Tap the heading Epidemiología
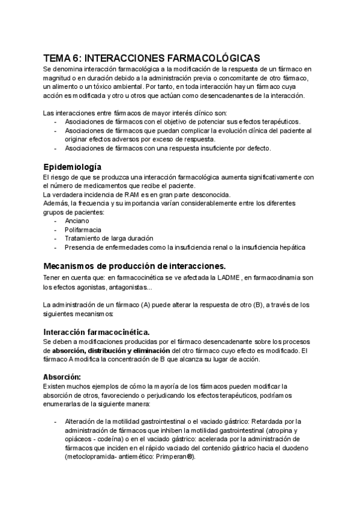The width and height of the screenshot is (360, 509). point(72,166)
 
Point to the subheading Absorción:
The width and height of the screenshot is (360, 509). point(62,376)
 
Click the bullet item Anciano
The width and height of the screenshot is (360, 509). point(76,220)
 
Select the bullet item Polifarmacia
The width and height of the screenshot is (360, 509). point(83,229)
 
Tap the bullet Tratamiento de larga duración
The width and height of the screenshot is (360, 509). point(109,238)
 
